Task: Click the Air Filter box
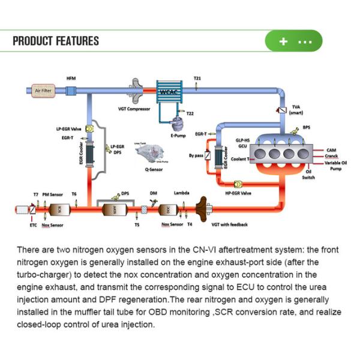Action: [45, 90]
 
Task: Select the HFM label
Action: [71, 78]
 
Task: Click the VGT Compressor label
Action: [134, 109]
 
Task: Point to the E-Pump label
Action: [177, 136]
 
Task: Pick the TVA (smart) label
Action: [296, 109]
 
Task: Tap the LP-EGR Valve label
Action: [68, 129]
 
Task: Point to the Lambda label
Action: [182, 193]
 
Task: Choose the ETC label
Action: [33, 225]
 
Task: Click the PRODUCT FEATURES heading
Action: [56, 41]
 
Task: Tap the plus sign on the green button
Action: [283, 42]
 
